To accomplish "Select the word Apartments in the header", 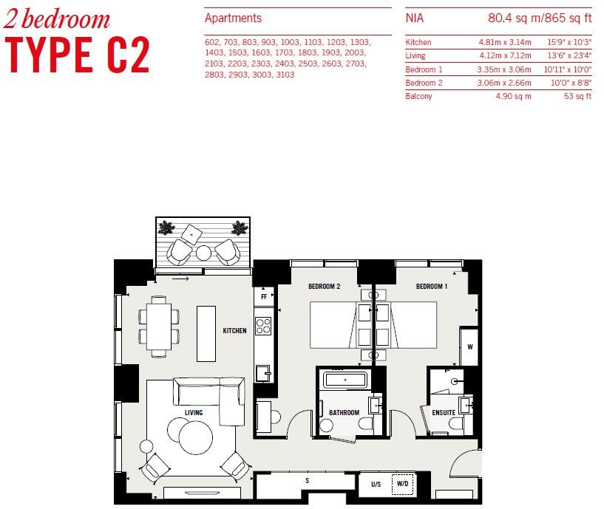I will (x=233, y=18).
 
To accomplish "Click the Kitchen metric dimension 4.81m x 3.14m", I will (x=504, y=43).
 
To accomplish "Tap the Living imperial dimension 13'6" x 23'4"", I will (x=569, y=56).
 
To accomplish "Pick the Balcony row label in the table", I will (x=418, y=97).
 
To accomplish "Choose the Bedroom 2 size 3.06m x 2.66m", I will (x=504, y=83).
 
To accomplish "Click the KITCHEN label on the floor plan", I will (x=234, y=331).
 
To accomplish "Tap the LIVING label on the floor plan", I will (x=193, y=412).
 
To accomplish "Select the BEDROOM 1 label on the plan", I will (x=431, y=287).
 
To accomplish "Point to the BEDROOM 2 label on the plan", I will (x=324, y=287).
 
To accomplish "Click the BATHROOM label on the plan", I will (x=344, y=413).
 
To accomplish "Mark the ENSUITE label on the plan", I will (x=443, y=413).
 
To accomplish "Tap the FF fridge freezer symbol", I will (x=263, y=297).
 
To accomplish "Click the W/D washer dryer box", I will (x=403, y=485).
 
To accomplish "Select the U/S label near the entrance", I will (x=376, y=485).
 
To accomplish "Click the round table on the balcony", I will (x=203, y=253).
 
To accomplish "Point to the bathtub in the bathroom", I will (x=345, y=380).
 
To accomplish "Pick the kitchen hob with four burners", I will (x=263, y=326).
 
